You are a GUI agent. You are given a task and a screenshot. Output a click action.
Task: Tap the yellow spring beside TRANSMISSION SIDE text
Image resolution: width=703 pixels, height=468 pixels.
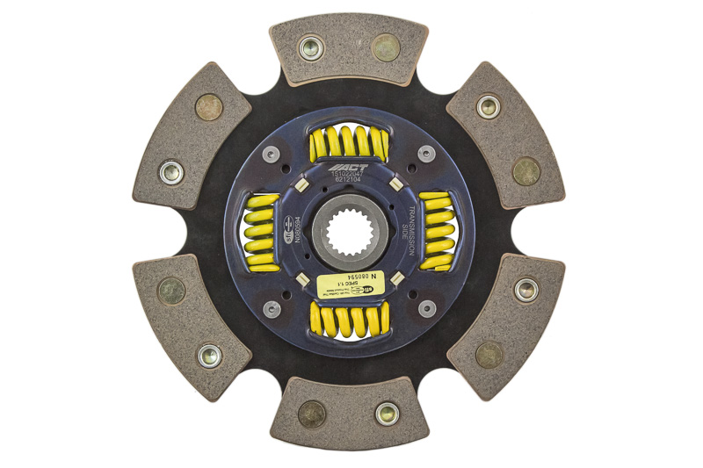tap(437, 231)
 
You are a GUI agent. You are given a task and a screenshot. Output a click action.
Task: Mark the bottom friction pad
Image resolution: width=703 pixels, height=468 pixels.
tap(351, 414)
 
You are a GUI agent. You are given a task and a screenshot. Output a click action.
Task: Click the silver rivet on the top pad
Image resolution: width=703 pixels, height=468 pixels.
tap(312, 47)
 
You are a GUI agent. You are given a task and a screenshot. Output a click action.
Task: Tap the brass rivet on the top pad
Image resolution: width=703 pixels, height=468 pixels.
tap(386, 47)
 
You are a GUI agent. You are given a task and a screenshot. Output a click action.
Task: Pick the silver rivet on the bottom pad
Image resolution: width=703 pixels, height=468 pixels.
tap(387, 413)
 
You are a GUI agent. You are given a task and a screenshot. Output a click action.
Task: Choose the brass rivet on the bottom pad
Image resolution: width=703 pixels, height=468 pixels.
tap(311, 413)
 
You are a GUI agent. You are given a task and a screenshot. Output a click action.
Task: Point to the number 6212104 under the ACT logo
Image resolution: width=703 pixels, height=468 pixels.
tap(351, 182)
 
